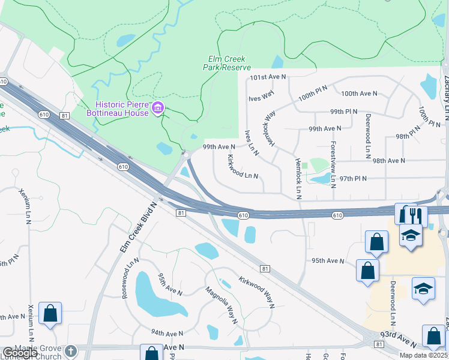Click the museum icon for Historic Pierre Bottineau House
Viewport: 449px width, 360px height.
[158, 108]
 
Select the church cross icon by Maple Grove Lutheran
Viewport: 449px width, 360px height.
[70, 351]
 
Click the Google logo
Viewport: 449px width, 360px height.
[19, 353]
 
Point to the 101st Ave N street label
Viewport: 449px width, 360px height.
[269, 77]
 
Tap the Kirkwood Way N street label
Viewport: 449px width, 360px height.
[256, 292]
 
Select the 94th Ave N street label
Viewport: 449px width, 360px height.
[167, 333]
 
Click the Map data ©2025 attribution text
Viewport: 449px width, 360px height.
[423, 355]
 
